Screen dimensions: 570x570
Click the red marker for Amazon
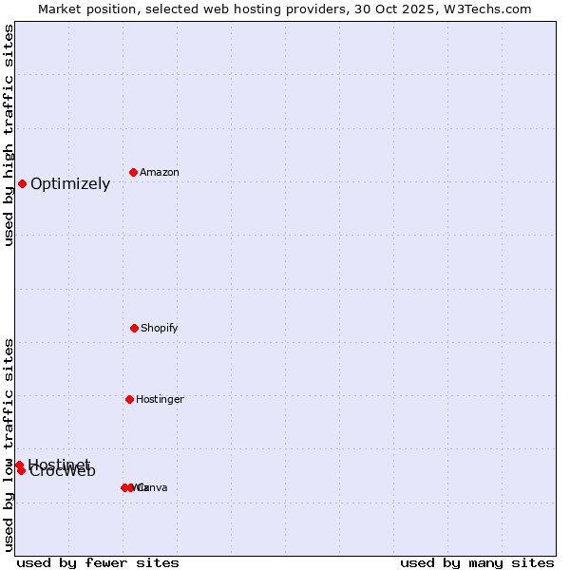(x=134, y=172)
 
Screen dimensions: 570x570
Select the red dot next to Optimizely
(x=22, y=183)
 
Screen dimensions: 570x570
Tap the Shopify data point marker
(x=134, y=328)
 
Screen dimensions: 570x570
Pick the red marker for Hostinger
(x=129, y=399)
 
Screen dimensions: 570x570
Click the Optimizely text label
(x=70, y=184)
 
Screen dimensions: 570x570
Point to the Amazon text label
(x=160, y=172)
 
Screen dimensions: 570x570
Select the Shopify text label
(x=160, y=328)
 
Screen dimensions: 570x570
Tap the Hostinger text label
(x=160, y=399)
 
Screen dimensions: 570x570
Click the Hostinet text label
(x=59, y=464)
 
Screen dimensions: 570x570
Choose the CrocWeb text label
(x=63, y=472)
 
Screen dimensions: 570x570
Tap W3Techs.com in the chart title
(x=490, y=9)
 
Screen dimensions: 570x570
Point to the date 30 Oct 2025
(x=403, y=9)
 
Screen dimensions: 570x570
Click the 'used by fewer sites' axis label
(x=98, y=562)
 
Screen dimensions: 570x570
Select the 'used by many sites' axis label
(x=477, y=562)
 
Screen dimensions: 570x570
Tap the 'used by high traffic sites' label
(x=9, y=135)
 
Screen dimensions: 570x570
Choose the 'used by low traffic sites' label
(x=9, y=445)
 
